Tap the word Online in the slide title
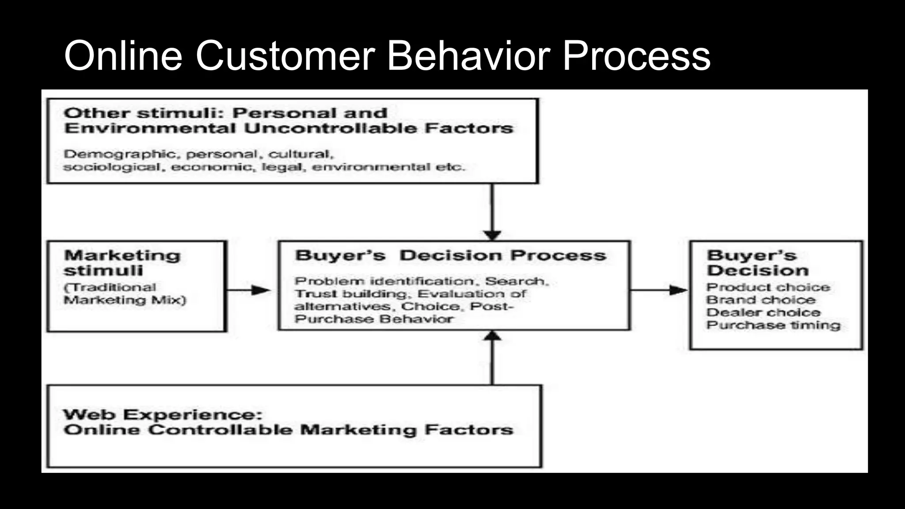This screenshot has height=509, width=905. [x=123, y=56]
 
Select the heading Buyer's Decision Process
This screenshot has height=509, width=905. [x=450, y=256]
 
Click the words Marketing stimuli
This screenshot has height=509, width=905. [x=122, y=263]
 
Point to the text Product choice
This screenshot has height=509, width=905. [x=768, y=288]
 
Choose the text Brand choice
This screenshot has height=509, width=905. [x=761, y=300]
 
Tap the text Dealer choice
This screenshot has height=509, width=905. [x=763, y=313]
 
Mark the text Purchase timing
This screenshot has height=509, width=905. [x=773, y=326]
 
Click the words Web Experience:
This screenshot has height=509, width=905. [x=163, y=415]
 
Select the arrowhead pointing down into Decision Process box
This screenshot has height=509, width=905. [x=492, y=235]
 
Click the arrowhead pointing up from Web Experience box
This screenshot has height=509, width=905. [x=492, y=336]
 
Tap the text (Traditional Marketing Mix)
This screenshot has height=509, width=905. [x=125, y=294]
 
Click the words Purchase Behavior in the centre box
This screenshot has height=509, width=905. [x=374, y=319]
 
